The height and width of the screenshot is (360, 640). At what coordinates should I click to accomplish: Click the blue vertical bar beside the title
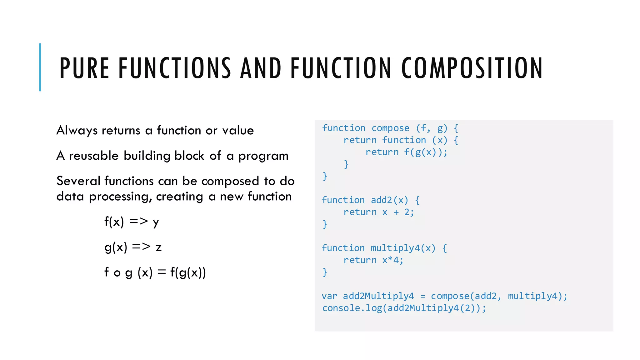coord(40,67)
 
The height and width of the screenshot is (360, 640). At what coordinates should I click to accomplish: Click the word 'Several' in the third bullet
coord(78,181)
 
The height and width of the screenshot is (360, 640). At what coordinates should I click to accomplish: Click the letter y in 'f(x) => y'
coord(156,222)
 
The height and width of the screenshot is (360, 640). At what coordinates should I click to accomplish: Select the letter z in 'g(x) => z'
coord(158,247)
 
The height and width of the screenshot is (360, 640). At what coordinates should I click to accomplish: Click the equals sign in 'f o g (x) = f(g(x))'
coord(161,272)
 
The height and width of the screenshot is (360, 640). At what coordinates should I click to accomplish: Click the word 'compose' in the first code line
coord(390,128)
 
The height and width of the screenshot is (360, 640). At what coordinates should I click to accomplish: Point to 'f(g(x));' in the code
coord(426,152)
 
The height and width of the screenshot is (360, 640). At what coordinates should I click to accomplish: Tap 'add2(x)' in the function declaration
coord(389,200)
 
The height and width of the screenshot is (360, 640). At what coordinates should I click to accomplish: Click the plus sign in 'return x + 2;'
coord(396,212)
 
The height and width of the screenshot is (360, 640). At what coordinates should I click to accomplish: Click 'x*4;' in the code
coord(393,260)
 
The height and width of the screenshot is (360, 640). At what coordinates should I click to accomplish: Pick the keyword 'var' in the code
coord(329,296)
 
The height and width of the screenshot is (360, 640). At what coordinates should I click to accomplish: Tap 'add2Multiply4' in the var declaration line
coord(378,296)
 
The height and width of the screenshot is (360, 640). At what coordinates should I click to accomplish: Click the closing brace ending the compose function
coord(325,176)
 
